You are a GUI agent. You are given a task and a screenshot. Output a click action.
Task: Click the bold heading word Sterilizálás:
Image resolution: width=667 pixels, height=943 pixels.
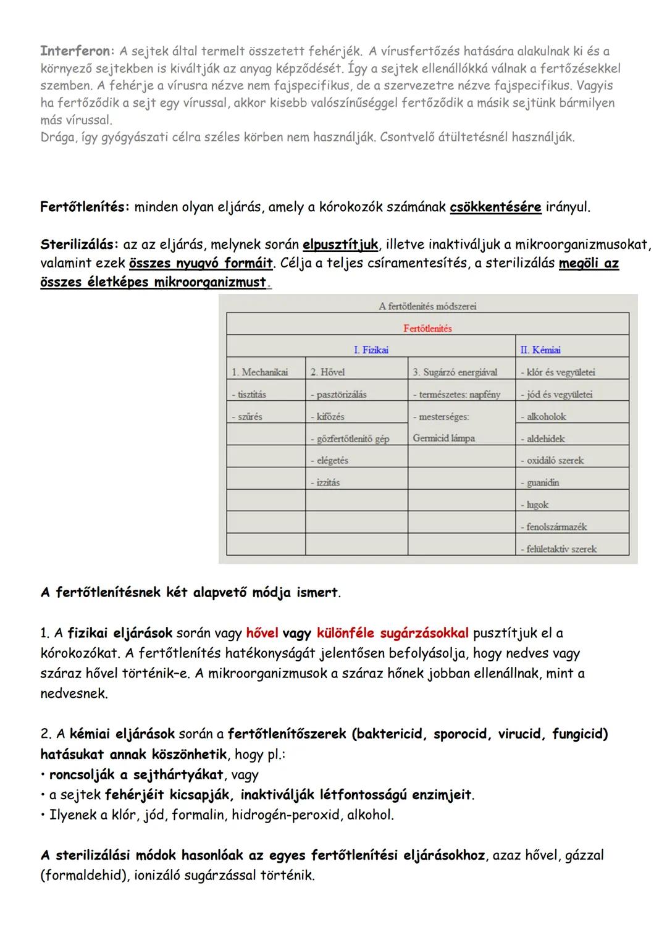point(78,245)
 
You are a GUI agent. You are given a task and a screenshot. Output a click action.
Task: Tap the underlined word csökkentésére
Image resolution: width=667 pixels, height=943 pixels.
point(495,207)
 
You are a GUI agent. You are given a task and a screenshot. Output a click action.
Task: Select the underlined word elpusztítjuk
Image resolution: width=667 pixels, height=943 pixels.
point(340,245)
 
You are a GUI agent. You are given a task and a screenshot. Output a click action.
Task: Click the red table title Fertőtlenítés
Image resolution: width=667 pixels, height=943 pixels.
point(427,329)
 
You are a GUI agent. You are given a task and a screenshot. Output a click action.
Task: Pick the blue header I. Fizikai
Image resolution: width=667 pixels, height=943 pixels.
point(371,350)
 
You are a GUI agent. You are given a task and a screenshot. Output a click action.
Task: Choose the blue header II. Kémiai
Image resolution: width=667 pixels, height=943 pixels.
point(540,350)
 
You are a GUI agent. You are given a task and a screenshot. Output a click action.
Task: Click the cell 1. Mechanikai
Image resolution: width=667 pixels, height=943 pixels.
point(259,372)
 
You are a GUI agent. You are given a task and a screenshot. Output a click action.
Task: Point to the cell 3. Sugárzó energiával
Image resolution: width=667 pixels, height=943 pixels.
point(455,372)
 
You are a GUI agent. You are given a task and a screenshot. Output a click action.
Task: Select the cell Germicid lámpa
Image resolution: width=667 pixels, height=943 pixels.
point(443,438)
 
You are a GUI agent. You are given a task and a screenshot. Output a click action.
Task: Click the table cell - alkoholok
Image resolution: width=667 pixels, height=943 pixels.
point(543,416)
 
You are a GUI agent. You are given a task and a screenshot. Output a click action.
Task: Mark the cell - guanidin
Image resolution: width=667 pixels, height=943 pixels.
point(539,482)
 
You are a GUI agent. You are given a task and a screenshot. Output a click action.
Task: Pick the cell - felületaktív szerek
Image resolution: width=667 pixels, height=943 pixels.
point(558,548)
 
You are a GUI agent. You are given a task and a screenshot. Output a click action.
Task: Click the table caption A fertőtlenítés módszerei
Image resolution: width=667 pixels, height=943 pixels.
point(427,306)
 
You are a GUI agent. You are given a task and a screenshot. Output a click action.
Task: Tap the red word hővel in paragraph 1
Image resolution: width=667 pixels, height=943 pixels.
point(262,633)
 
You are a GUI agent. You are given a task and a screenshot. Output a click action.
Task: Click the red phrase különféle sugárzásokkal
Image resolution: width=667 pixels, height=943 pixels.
point(392,633)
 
